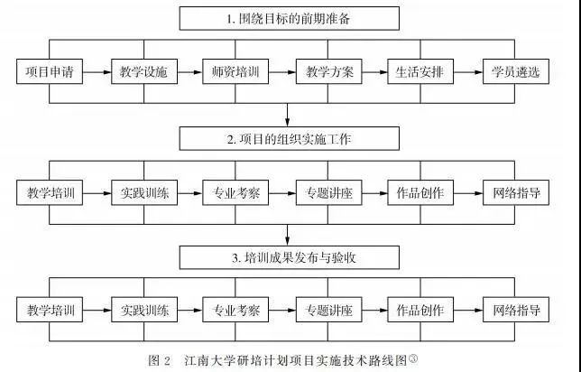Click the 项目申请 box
click(50, 71)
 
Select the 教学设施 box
click(144, 71)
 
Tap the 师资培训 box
click(235, 71)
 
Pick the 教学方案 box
click(329, 71)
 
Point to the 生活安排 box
click(420, 71)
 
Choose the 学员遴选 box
click(516, 71)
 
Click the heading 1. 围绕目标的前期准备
click(290, 19)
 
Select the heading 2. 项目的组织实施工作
click(290, 139)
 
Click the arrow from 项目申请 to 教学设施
click(97, 71)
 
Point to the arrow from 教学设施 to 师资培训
click(190, 71)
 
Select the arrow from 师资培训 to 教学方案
click(282, 71)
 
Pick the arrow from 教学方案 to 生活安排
click(374, 71)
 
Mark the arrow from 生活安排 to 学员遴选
click(468, 71)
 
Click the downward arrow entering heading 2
click(287, 115)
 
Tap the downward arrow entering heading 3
click(287, 235)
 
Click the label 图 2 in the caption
click(160, 360)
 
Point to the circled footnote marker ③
click(413, 358)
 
